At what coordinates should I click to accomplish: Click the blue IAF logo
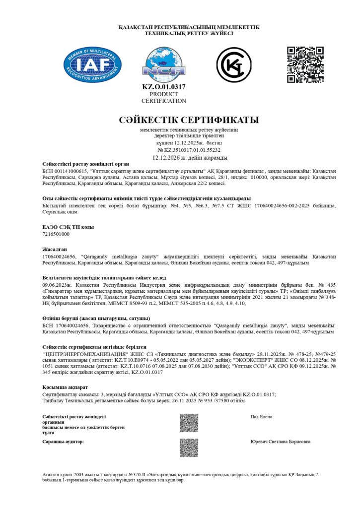(x=92, y=64)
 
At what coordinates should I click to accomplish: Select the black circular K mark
(x=234, y=64)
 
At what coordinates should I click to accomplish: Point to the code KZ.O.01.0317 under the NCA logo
(x=164, y=87)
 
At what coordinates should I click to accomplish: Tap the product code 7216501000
(x=56, y=234)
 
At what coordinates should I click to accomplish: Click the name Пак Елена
(x=261, y=417)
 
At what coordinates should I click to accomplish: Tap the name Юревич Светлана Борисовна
(x=281, y=441)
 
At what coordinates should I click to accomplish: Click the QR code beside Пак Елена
(x=189, y=423)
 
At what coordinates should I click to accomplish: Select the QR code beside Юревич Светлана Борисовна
(x=189, y=447)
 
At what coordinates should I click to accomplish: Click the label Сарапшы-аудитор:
(x=63, y=441)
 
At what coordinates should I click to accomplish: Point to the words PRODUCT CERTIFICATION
(x=164, y=97)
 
